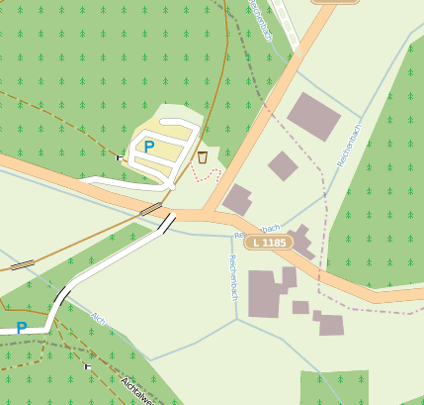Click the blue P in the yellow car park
pyautogui.click(x=149, y=147)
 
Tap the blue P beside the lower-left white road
pyautogui.click(x=21, y=328)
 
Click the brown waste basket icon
pyautogui.click(x=203, y=156)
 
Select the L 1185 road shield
pyautogui.click(x=269, y=243)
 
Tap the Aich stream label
pyautogui.click(x=98, y=319)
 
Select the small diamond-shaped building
pyautogui.click(x=283, y=165)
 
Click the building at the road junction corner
pyautogui.click(x=237, y=199)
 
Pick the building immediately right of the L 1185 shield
pyautogui.click(x=301, y=243)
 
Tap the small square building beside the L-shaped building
pyautogui.click(x=300, y=307)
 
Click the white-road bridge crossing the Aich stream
pyautogui.click(x=61, y=295)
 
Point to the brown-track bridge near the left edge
pyautogui.click(x=22, y=264)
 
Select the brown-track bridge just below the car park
pyautogui.click(x=151, y=209)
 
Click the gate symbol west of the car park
pyautogui.click(x=119, y=156)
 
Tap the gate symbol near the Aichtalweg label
pyautogui.click(x=88, y=366)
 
